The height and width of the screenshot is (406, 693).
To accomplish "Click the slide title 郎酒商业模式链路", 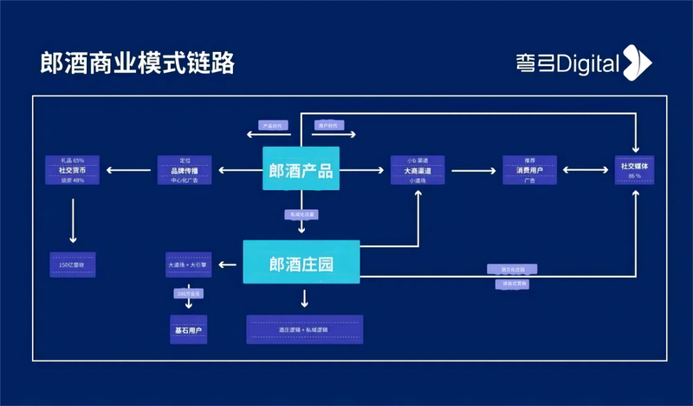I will [x=138, y=63].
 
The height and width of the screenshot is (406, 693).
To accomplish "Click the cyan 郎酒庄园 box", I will [x=301, y=261].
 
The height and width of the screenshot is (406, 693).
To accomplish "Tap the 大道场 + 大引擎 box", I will [x=189, y=264].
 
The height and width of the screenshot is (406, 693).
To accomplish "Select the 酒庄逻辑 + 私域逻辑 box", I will [x=304, y=330].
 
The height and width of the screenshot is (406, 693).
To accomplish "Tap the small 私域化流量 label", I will [x=301, y=213].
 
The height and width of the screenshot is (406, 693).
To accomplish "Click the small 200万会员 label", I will [x=188, y=295].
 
